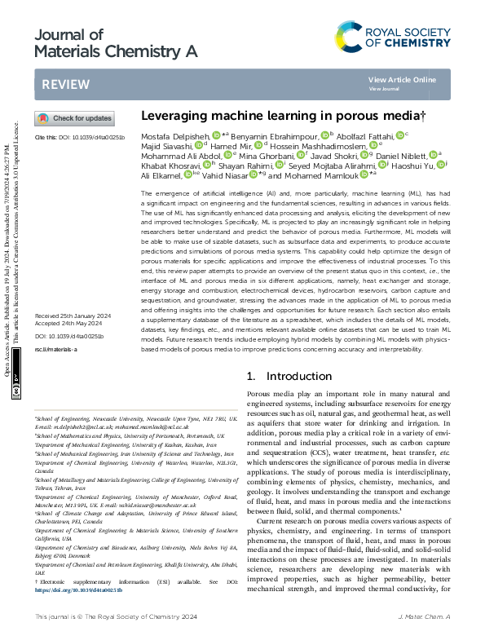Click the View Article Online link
402,79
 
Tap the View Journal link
384,88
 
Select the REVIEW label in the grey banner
60,84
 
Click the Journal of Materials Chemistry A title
117,42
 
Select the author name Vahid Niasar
227,175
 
